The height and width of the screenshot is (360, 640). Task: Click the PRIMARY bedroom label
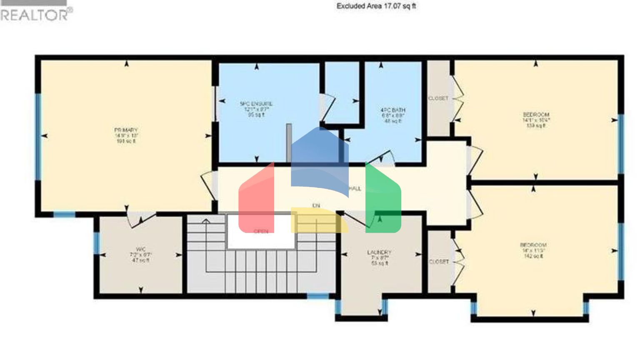tap(126, 135)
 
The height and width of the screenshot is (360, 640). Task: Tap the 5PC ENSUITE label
tap(256, 109)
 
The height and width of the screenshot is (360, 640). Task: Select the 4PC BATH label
tap(392, 115)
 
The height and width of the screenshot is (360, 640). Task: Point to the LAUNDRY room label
tap(379, 257)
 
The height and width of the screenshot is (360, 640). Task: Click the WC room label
tap(140, 254)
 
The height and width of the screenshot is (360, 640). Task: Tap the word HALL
tap(355, 189)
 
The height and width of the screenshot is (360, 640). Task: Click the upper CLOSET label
tap(438, 98)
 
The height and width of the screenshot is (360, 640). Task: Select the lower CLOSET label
tap(439, 262)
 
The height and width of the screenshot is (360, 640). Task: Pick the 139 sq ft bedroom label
tap(536, 120)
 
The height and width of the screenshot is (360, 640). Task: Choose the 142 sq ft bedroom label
tap(533, 250)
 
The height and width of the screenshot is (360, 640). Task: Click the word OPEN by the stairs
tap(261, 231)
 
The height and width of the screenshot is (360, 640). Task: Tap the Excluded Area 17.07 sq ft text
tap(376, 6)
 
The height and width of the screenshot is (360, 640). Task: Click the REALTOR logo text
tap(36, 15)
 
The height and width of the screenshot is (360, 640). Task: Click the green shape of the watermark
tap(383, 200)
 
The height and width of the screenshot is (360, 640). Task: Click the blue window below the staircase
tap(318, 296)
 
